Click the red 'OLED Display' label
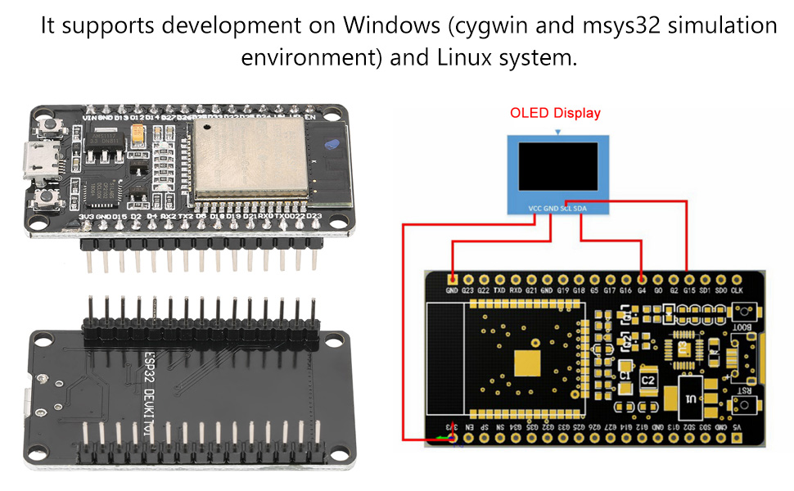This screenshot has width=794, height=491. click(555, 114)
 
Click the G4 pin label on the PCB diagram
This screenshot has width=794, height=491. click(641, 290)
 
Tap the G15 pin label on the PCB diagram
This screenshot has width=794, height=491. click(688, 290)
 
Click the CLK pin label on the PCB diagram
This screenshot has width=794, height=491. click(736, 290)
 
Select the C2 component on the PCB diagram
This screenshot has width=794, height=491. click(648, 381)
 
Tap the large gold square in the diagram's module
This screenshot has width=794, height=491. click(525, 363)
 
